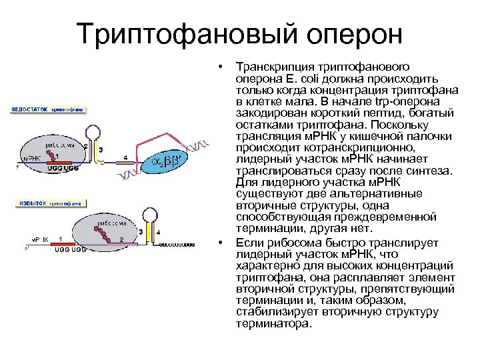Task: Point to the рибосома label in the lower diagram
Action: (106, 223)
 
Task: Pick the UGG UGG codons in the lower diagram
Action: (70, 249)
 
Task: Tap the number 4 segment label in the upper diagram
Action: (125, 157)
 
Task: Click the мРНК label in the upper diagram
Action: (31, 159)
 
